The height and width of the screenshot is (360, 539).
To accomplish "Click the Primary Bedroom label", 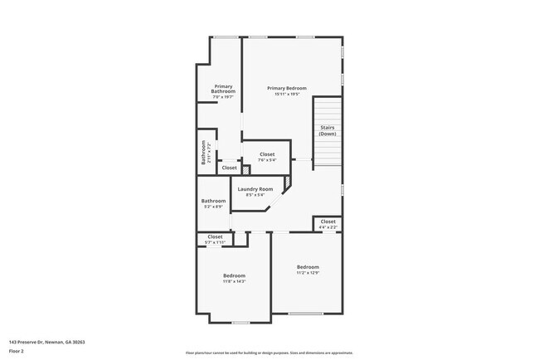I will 287,88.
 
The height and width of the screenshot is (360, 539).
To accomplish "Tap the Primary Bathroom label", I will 223,89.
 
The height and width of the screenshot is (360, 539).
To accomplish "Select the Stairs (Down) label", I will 328,130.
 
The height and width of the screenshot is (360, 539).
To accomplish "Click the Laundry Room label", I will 255,190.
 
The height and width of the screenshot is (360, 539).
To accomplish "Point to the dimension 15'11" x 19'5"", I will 287,94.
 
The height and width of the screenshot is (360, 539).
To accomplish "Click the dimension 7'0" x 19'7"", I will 223,97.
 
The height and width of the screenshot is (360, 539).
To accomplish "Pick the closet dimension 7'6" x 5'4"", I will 267,160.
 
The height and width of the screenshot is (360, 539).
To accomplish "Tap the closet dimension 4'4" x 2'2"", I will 328,226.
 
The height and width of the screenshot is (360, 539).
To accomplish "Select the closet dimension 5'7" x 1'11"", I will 215,242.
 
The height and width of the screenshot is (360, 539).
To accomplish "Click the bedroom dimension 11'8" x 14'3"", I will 234,281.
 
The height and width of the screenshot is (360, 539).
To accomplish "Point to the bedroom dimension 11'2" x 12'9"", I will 308,272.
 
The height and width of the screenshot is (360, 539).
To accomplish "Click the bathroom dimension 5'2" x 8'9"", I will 213,207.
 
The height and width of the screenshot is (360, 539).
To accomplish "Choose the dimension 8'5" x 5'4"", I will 255,196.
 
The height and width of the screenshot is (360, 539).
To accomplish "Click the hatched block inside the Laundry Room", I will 288,181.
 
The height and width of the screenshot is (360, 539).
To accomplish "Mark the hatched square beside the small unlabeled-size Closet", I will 245,170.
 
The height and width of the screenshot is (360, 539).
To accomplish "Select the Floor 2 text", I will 17,351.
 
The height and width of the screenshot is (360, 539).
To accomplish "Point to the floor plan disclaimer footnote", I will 269,353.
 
